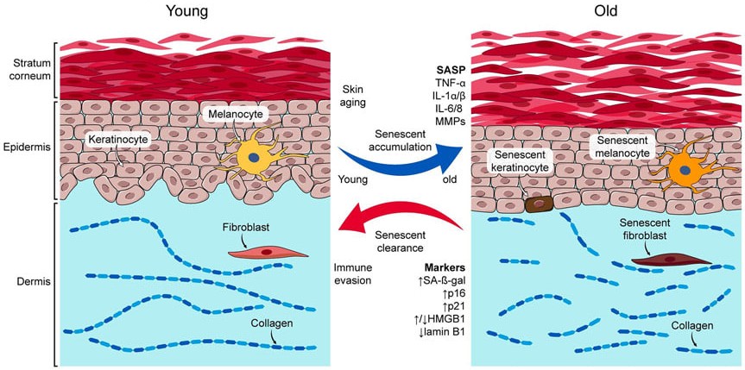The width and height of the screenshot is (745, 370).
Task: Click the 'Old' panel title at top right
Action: pyautogui.click(x=605, y=11)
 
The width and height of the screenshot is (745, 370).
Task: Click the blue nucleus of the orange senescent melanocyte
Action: pyautogui.click(x=685, y=170)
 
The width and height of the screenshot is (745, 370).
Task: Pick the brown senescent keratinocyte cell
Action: pyautogui.click(x=540, y=204)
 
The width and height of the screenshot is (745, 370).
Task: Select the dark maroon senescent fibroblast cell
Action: pyautogui.click(x=672, y=260)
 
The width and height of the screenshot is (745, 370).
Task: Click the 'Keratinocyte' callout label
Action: pyautogui.click(x=119, y=140)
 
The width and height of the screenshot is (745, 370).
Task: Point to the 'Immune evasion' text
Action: pyautogui.click(x=352, y=273)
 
